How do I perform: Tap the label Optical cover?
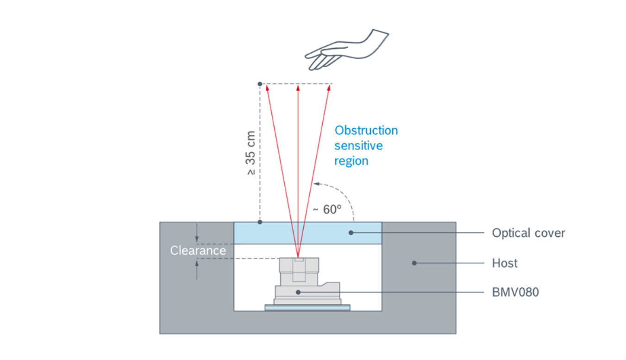click(528, 233)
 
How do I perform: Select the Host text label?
click(505, 263)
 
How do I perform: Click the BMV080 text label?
click(515, 292)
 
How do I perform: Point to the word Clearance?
click(198, 251)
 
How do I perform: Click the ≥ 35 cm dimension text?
click(250, 153)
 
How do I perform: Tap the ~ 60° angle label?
click(326, 209)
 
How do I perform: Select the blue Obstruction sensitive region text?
click(366, 145)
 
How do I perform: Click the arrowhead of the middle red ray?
click(298, 87)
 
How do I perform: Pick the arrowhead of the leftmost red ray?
click(267, 87)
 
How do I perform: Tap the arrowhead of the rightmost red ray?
click(329, 87)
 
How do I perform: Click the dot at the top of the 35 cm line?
click(260, 84)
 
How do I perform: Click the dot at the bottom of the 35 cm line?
click(260, 222)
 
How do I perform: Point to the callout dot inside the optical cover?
click(351, 233)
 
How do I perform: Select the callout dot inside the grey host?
click(414, 263)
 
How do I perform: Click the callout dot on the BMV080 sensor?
click(298, 292)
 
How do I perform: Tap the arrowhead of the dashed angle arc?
click(316, 184)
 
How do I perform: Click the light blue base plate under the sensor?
click(307, 307)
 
